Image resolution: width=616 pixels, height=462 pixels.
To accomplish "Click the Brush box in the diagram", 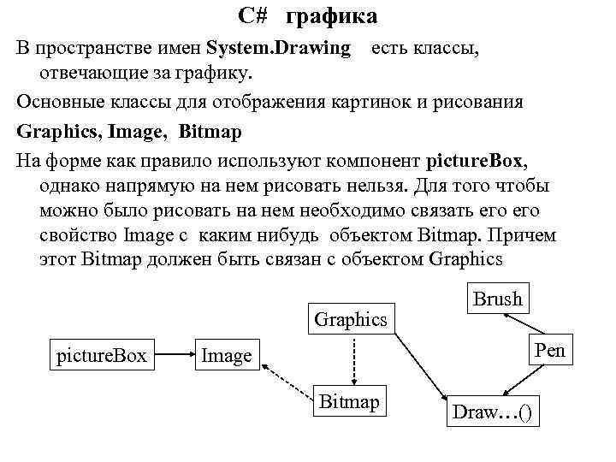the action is click(x=497, y=299).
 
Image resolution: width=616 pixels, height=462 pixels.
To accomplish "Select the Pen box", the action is click(x=549, y=351).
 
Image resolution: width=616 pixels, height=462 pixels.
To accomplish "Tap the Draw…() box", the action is click(x=491, y=412).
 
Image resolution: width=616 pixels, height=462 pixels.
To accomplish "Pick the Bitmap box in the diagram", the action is click(x=349, y=401).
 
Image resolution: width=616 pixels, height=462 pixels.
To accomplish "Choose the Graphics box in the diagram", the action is click(x=351, y=319).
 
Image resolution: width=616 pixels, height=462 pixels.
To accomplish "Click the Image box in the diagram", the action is click(x=226, y=355).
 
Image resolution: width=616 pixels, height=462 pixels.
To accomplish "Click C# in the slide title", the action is click(x=252, y=17).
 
